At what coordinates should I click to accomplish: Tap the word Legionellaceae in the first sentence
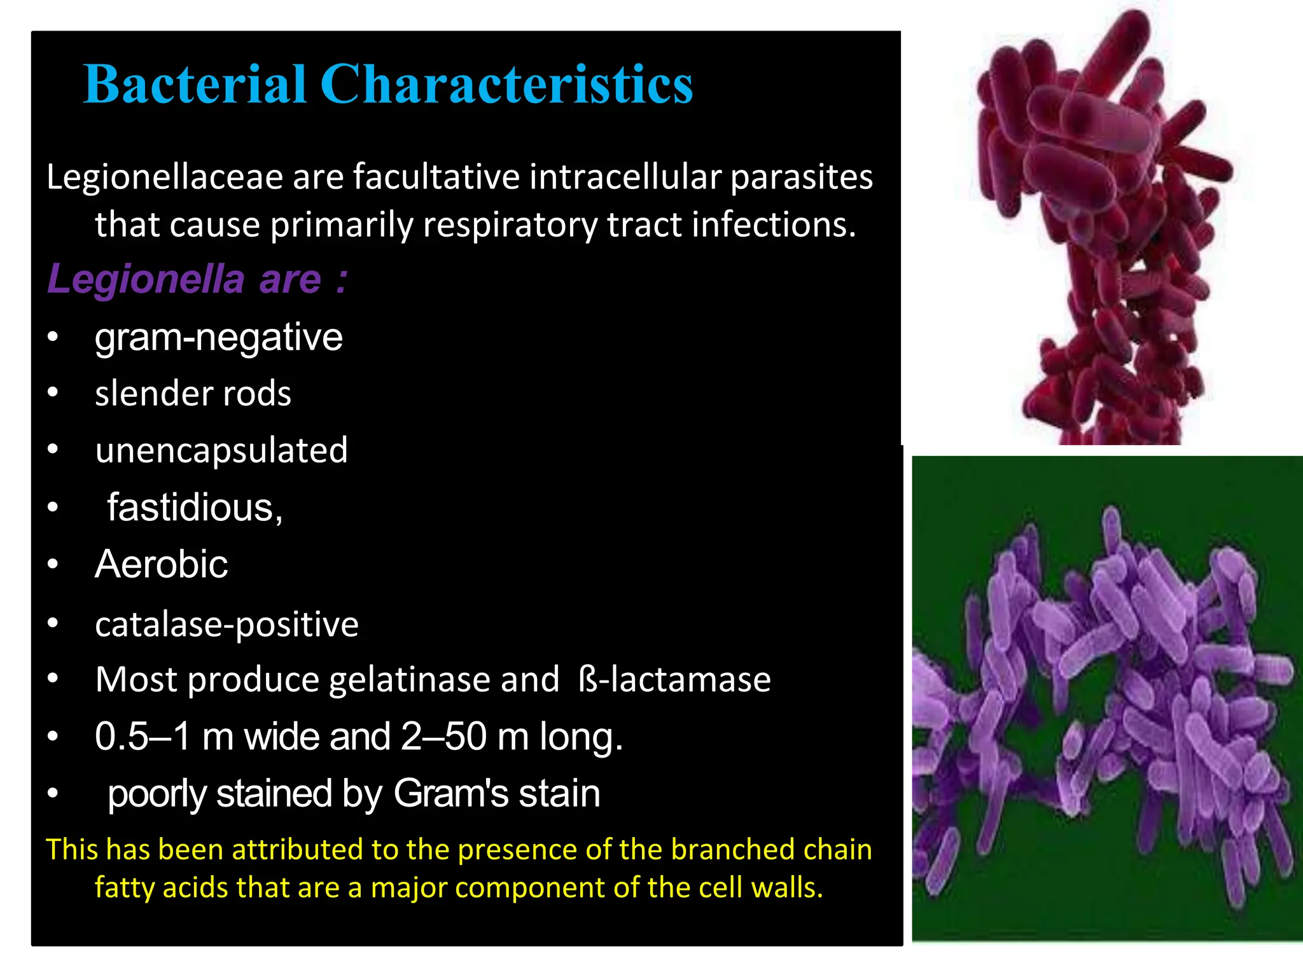pyautogui.click(x=164, y=177)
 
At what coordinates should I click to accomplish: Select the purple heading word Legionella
pyautogui.click(x=146, y=279)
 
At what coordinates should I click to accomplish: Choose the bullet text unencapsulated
pyautogui.click(x=221, y=451)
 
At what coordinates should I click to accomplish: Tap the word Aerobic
pyautogui.click(x=161, y=564)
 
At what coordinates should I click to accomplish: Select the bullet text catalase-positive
pyautogui.click(x=226, y=624)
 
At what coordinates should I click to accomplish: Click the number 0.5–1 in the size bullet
pyautogui.click(x=142, y=737)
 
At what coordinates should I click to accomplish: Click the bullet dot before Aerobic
pyautogui.click(x=53, y=564)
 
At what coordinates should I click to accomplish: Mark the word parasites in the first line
pyautogui.click(x=801, y=177)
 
